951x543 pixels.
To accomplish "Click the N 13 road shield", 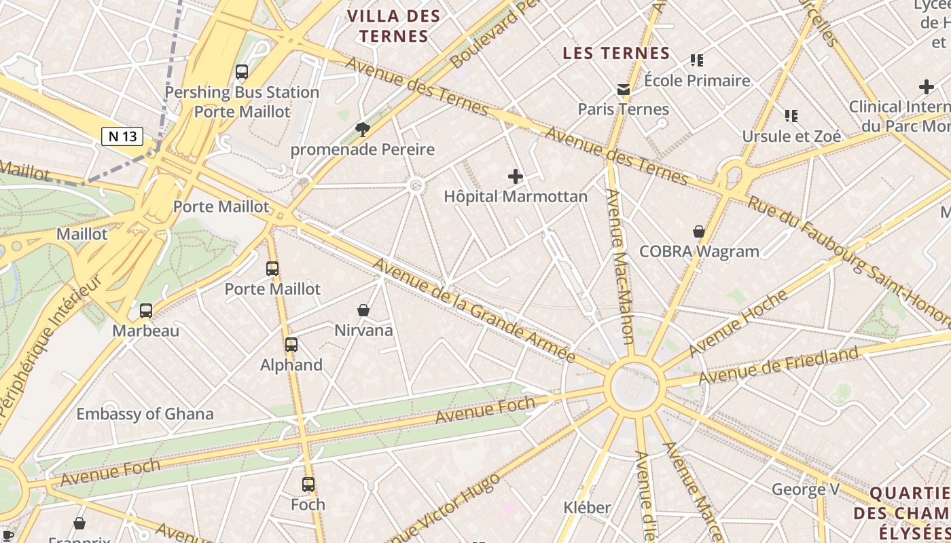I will point(123,136).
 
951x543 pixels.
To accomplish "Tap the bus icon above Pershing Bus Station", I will point(241,71).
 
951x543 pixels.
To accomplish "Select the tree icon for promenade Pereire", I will point(363,129).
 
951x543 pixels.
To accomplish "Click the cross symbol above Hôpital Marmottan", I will point(516,177).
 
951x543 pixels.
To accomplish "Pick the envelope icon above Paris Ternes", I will point(623,89).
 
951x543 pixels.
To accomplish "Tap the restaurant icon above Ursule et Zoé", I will point(791,116).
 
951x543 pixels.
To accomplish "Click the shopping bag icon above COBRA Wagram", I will point(698,231).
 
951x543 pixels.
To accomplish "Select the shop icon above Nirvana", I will point(363,310).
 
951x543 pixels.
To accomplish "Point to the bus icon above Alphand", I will point(291,345).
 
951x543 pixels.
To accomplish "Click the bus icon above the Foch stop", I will point(308,485).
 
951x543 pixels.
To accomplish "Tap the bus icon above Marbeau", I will point(146,311).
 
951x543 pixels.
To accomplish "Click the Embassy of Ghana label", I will point(145,414).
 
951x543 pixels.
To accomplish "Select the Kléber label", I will point(587,507).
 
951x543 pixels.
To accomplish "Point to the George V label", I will point(806,489).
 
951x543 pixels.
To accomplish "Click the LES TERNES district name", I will point(616,53).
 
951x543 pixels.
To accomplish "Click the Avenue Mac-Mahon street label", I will point(620,266).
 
